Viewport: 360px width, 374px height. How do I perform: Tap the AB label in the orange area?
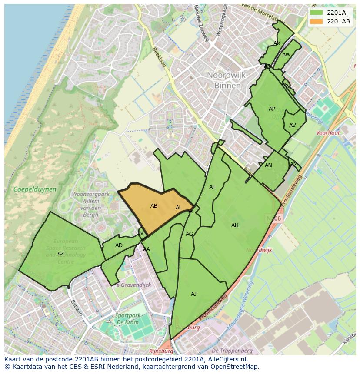tap(154, 206)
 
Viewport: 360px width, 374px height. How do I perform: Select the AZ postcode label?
tap(61, 254)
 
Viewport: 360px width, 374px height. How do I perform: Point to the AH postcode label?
tap(235, 225)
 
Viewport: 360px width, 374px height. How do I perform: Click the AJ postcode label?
tap(193, 294)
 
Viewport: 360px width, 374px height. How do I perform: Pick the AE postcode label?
tap(212, 187)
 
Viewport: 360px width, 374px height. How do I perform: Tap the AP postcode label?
tap(272, 109)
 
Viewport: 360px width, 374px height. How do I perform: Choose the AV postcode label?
tap(292, 126)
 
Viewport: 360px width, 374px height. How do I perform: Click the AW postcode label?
tap(286, 55)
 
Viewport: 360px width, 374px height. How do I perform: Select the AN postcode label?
tap(268, 165)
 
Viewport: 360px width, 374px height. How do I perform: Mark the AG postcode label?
tap(189, 234)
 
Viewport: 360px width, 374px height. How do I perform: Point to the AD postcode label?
tap(119, 245)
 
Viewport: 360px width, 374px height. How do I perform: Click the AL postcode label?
tap(179, 208)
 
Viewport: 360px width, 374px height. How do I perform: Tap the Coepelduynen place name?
tap(35, 189)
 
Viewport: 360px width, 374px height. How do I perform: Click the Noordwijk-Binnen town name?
tap(227, 80)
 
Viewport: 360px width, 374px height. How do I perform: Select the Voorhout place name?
tap(328, 133)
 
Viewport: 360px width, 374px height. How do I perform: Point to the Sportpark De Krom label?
tap(127, 319)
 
